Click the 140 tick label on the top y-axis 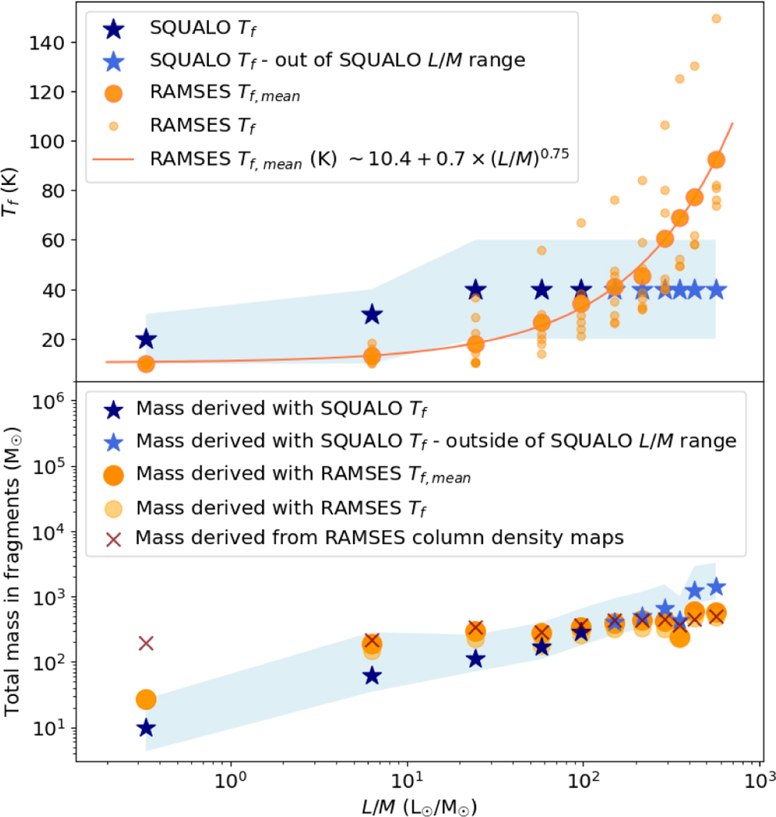click(47, 43)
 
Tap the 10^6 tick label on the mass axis click(48, 402)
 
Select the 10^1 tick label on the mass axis click(48, 728)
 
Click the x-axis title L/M click(418, 806)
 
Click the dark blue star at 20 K click(146, 339)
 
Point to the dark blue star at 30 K click(372, 314)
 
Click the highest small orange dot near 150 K click(716, 19)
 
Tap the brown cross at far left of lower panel click(146, 643)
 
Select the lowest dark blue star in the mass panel click(146, 728)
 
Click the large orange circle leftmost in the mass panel click(146, 699)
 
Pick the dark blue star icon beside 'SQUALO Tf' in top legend click(114, 29)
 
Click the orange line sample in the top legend click(114, 158)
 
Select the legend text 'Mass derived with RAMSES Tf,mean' click(303, 474)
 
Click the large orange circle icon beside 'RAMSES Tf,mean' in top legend click(114, 93)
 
